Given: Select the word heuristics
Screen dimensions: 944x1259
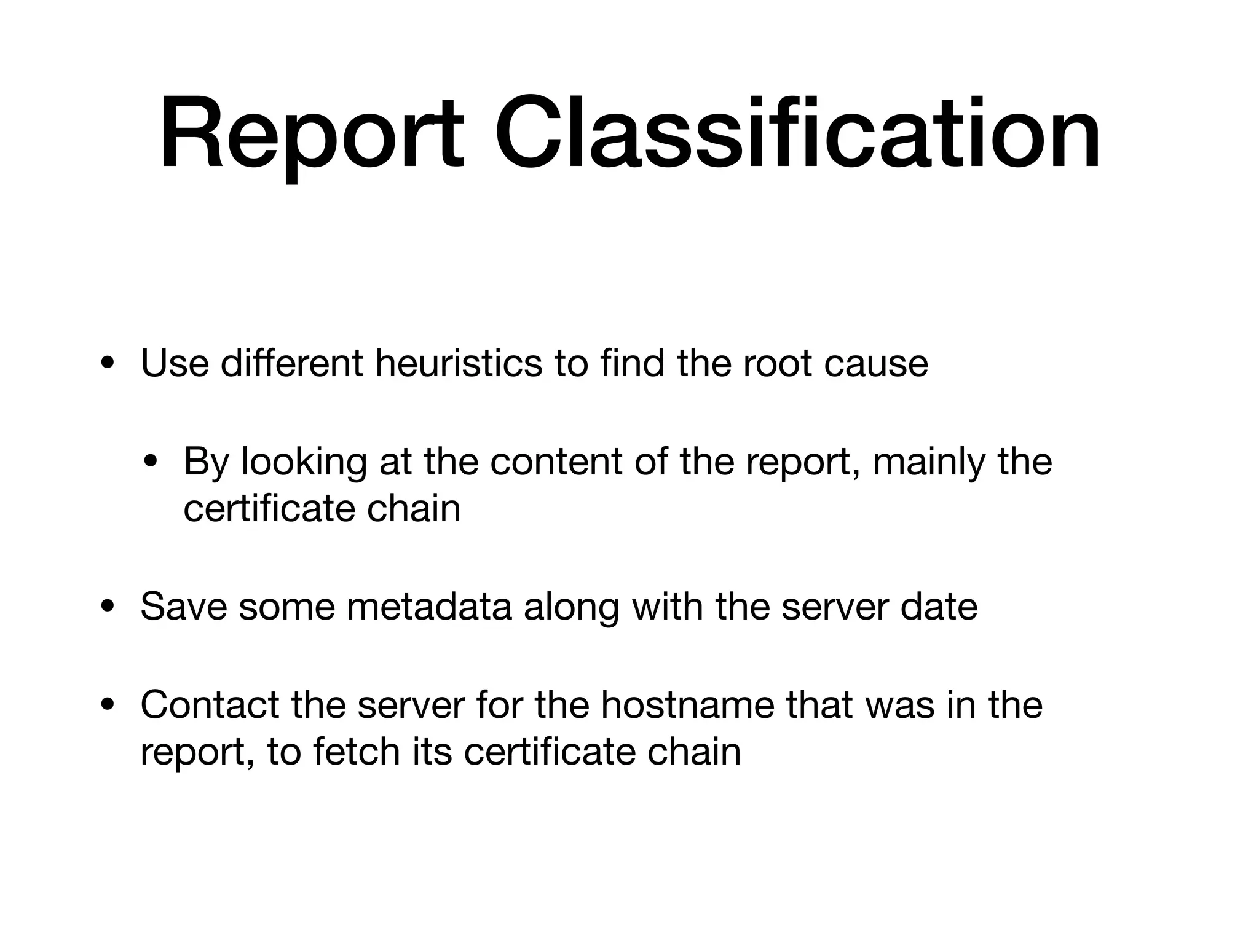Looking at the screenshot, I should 459,363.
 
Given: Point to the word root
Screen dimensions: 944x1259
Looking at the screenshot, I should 777,363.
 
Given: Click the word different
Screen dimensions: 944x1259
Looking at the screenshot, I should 291,363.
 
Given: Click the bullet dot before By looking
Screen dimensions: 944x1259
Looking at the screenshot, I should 151,462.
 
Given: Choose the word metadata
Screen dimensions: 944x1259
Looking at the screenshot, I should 429,607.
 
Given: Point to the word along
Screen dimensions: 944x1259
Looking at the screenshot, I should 571,607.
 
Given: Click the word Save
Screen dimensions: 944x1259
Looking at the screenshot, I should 184,607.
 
